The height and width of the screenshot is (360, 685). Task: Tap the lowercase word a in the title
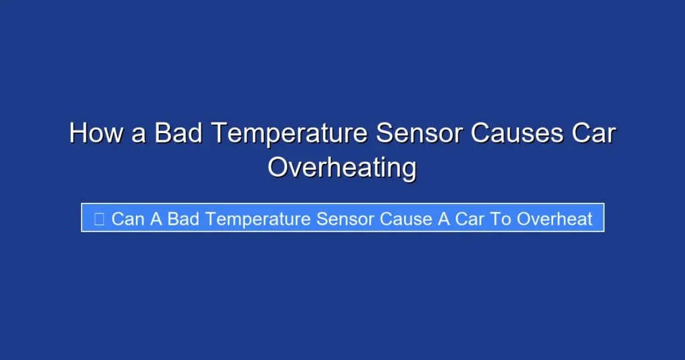tap(138, 133)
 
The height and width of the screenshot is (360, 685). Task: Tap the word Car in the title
tap(593, 133)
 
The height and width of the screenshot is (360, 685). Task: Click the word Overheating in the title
tap(342, 167)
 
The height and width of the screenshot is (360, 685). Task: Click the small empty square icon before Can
tap(100, 219)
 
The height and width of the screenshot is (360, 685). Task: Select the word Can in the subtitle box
tap(127, 219)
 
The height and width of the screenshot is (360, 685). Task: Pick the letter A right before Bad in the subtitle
tap(156, 219)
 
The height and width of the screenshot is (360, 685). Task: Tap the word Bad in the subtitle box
tap(183, 219)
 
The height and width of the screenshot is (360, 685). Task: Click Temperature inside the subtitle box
tap(257, 219)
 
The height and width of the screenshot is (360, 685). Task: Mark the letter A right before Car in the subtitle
tap(444, 219)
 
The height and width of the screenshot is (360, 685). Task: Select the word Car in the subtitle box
tap(470, 219)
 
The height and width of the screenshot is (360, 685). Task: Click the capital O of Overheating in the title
tap(278, 167)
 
